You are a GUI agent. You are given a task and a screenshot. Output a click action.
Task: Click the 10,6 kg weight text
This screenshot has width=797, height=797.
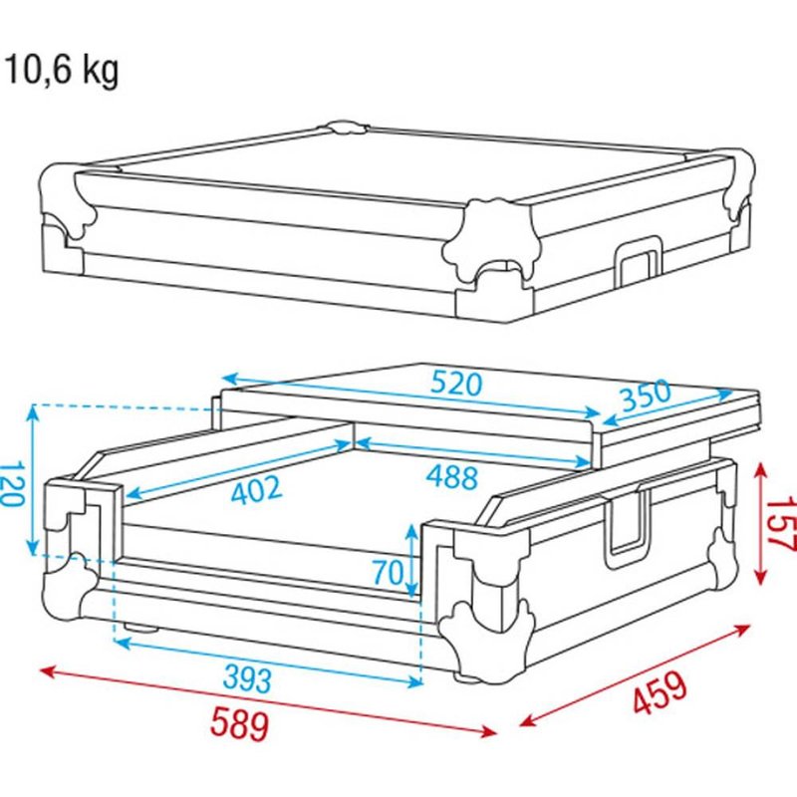62,71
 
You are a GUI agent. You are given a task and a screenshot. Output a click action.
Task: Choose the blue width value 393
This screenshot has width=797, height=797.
247,680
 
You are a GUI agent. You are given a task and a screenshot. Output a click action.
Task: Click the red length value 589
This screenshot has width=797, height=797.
238,723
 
